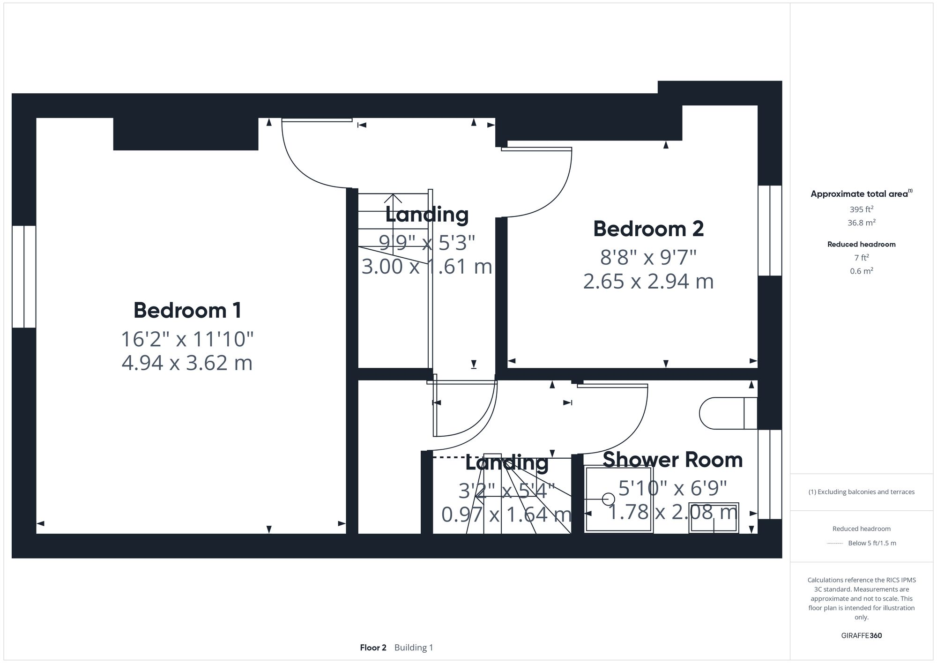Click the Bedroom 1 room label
coord(187,310)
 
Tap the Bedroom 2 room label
coord(648,229)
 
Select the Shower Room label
coord(672,460)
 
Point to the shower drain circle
coord(609,499)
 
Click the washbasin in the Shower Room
coord(714,518)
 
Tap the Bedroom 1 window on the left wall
coord(24,276)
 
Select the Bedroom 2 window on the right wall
coord(770,230)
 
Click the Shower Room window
coord(770,474)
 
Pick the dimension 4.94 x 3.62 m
coord(187,363)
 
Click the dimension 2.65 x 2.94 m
coord(648,282)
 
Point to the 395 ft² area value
coord(861,209)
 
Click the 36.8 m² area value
coord(861,223)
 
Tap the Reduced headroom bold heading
coord(861,244)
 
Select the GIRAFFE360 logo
coord(861,636)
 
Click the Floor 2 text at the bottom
coord(373,648)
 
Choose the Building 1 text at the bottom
coord(414,648)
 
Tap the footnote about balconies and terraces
coord(861,492)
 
